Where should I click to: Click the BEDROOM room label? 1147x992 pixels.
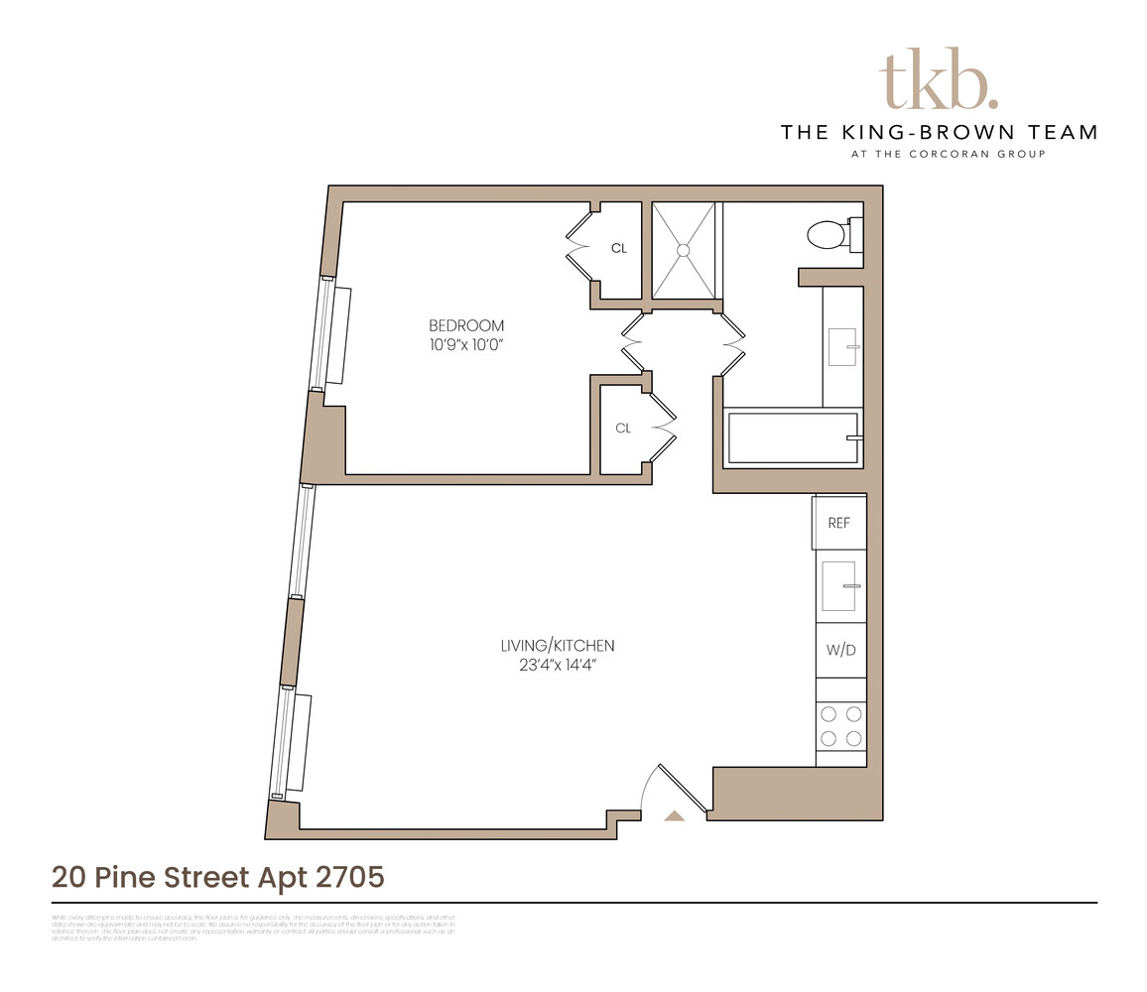click(466, 325)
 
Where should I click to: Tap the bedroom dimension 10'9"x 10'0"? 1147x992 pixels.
click(466, 345)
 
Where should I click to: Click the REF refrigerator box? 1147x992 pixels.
click(839, 523)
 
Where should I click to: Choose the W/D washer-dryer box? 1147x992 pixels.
click(839, 651)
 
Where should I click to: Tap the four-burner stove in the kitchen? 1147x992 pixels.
click(840, 725)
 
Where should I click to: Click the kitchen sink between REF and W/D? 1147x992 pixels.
click(840, 586)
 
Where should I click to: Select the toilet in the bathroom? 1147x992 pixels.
click(828, 235)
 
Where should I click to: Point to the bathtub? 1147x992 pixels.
click(793, 437)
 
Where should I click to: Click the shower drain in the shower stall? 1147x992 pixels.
click(683, 251)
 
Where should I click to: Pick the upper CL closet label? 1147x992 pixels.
click(619, 249)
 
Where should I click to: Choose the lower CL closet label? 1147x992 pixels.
click(623, 429)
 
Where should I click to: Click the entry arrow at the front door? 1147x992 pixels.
click(675, 815)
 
